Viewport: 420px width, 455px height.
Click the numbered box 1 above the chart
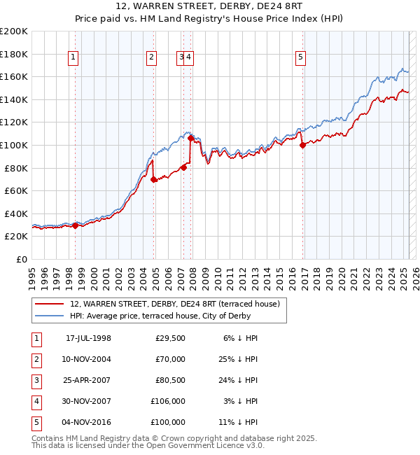73,58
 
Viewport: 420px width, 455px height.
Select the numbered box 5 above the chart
300,58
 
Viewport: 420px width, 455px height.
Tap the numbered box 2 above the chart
151,58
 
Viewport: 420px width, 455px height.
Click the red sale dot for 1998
76,225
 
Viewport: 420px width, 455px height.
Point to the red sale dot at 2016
302,146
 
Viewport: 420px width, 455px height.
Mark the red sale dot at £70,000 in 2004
154,180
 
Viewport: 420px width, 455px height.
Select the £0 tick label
21,259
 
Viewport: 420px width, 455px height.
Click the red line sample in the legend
50,304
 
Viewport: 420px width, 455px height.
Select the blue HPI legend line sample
50,316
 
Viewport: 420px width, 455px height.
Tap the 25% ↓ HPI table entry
239,359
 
